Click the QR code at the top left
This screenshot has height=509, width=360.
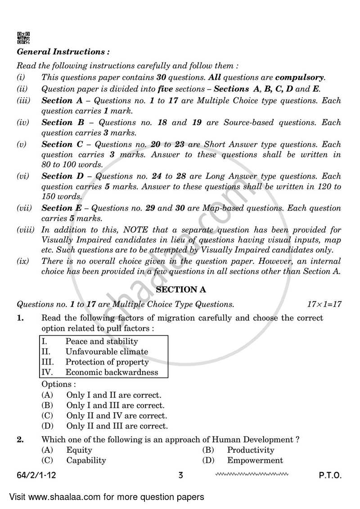23,37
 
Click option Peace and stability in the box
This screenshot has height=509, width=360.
102,342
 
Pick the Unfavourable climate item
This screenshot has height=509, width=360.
107,351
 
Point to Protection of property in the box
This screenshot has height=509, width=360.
107,362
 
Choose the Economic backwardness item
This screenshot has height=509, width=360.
112,372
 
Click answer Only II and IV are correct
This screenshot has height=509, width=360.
117,416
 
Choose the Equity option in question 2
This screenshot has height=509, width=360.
79,450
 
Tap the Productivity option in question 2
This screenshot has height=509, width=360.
250,450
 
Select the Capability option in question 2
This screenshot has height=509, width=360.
86,460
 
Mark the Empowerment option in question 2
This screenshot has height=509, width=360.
255,460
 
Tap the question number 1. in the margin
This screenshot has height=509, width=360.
20,318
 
